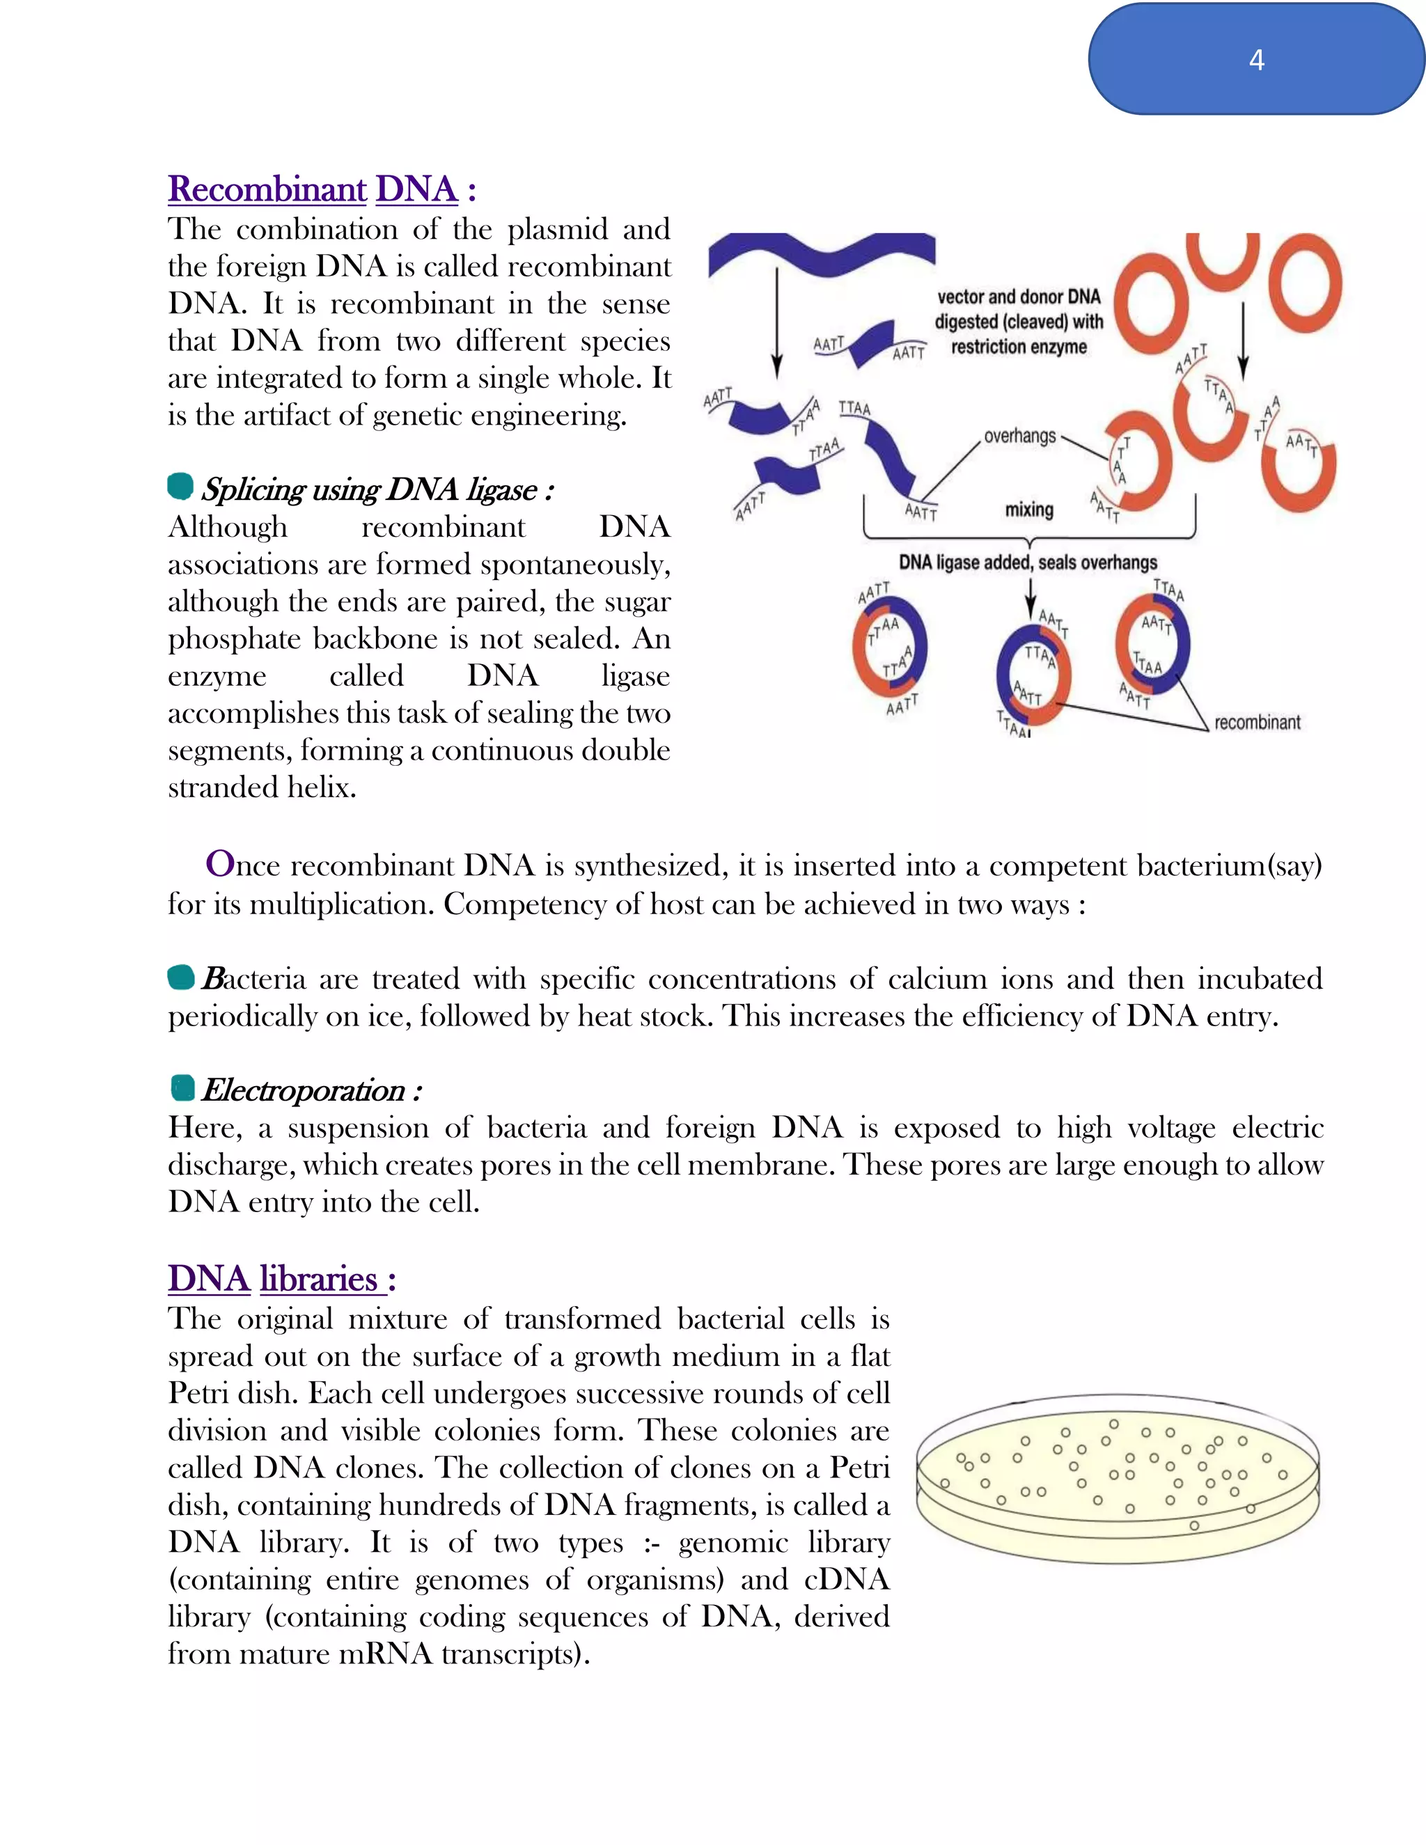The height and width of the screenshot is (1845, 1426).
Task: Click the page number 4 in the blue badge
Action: pyautogui.click(x=1256, y=60)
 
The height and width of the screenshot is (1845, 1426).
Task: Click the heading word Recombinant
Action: pyautogui.click(x=267, y=189)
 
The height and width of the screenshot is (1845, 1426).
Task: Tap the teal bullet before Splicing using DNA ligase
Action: pyautogui.click(x=180, y=487)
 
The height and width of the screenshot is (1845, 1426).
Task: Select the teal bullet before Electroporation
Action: pyautogui.click(x=182, y=1088)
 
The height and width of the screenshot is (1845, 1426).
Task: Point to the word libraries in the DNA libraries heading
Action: pyautogui.click(x=318, y=1279)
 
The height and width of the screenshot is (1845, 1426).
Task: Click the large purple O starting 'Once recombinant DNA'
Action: pyautogui.click(x=219, y=864)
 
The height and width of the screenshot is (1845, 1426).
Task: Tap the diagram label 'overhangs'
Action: pyautogui.click(x=1019, y=437)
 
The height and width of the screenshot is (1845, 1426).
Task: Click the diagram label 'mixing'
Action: pyautogui.click(x=1029, y=510)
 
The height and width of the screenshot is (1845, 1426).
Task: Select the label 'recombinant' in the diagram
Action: pyautogui.click(x=1257, y=722)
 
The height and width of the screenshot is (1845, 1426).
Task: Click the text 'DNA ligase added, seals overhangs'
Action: pyautogui.click(x=1027, y=563)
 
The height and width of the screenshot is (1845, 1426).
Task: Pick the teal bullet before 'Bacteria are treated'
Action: pyautogui.click(x=181, y=978)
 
